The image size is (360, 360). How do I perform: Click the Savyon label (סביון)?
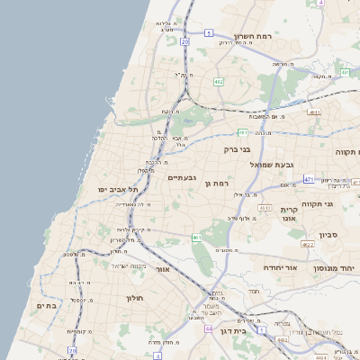[328, 235]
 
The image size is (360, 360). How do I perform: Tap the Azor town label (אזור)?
[163, 269]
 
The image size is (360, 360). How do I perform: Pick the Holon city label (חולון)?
[135, 297]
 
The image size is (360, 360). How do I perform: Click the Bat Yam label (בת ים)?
[47, 306]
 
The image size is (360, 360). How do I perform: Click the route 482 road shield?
[218, 82]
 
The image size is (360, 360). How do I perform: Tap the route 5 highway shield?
[208, 32]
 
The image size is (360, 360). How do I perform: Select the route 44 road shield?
[209, 328]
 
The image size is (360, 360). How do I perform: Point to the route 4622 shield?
[307, 244]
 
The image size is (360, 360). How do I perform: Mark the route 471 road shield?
[309, 179]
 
